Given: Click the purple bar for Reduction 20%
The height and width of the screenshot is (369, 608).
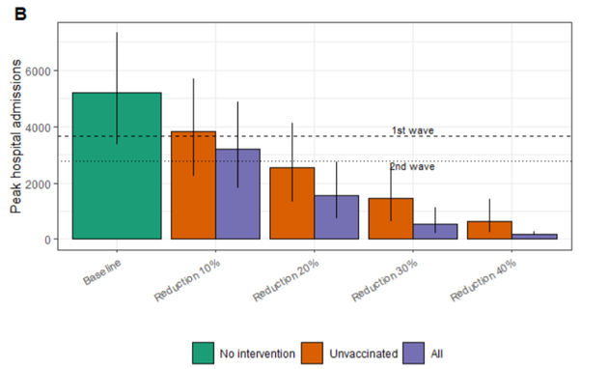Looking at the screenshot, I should tap(337, 217).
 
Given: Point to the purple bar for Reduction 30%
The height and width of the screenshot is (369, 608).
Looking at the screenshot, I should tap(435, 232).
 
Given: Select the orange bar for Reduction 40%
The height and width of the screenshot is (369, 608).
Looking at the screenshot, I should tap(489, 230).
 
